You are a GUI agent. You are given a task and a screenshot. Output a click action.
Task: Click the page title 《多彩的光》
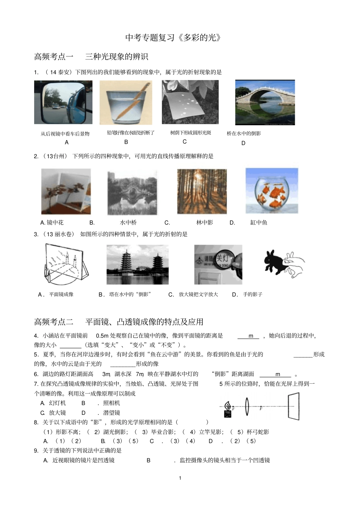coord(173,38)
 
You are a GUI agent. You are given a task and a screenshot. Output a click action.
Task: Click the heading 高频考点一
coord(53,57)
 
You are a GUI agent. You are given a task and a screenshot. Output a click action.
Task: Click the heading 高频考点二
coord(53,322)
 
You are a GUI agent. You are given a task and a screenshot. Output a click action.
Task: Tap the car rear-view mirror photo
coord(63,102)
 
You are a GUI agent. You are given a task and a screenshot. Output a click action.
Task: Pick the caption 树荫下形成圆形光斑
coord(191,133)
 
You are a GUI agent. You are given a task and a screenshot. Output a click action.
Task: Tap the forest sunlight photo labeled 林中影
coord(202,191)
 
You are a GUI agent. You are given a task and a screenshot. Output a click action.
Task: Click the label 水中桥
coord(128,223)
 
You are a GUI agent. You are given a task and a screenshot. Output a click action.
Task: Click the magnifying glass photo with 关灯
coord(218,264)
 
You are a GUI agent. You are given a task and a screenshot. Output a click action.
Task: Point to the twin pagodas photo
coord(137,264)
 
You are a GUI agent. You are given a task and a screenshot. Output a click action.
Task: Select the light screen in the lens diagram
coord(293,405)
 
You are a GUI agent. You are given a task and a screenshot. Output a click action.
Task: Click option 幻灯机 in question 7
coord(57,403)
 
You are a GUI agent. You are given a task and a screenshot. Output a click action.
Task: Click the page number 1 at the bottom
coord(180,478)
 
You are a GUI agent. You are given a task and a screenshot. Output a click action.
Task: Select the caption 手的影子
coord(252,294)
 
